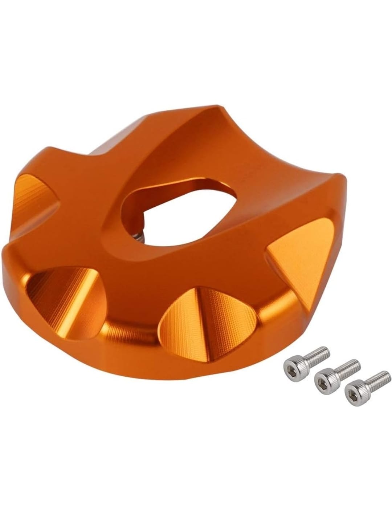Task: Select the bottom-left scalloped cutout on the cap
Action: [65, 291]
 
